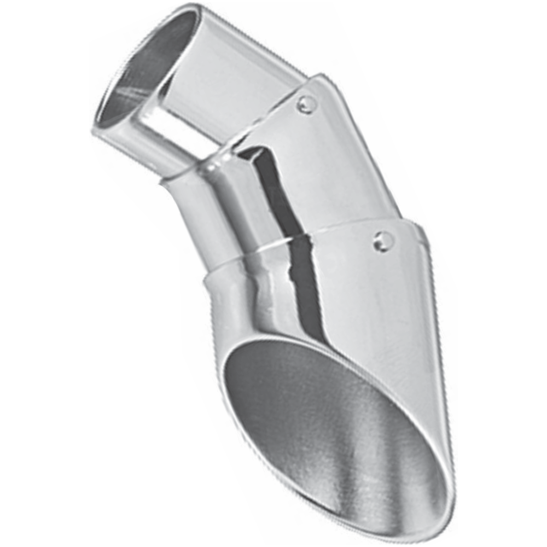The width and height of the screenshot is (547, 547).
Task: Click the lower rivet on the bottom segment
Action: click(x=383, y=241)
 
